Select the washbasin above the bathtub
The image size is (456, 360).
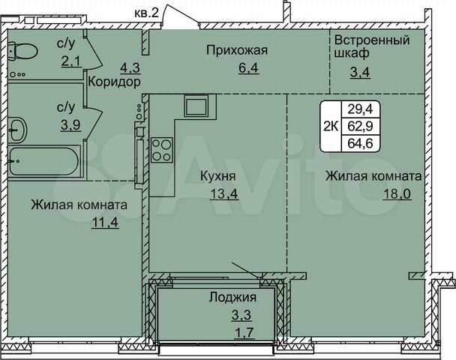(x=18, y=130)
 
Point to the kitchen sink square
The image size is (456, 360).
(x=196, y=106)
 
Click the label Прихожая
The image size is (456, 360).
(x=238, y=50)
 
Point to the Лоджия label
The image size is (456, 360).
(x=228, y=297)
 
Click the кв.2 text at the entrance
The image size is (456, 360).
(x=145, y=13)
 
